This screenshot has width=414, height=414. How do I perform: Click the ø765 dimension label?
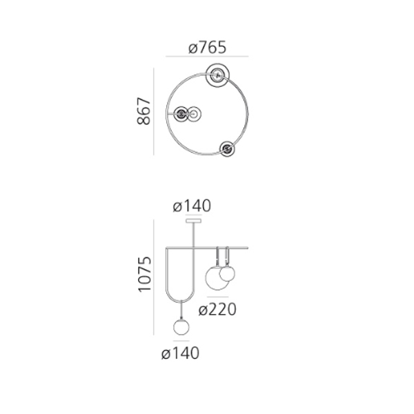click(207, 48)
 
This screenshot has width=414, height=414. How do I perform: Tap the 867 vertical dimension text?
click(144, 111)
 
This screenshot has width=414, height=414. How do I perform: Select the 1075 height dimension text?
click(145, 275)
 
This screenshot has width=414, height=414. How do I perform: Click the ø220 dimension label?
click(217, 309)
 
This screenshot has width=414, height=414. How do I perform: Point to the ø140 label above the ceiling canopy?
click(192, 206)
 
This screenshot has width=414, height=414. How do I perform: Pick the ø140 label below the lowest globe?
click(180, 353)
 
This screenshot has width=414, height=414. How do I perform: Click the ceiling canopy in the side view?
click(193, 221)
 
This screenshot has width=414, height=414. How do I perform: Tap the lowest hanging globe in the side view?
click(181, 327)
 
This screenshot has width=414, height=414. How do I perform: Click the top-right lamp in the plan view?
click(218, 75)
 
